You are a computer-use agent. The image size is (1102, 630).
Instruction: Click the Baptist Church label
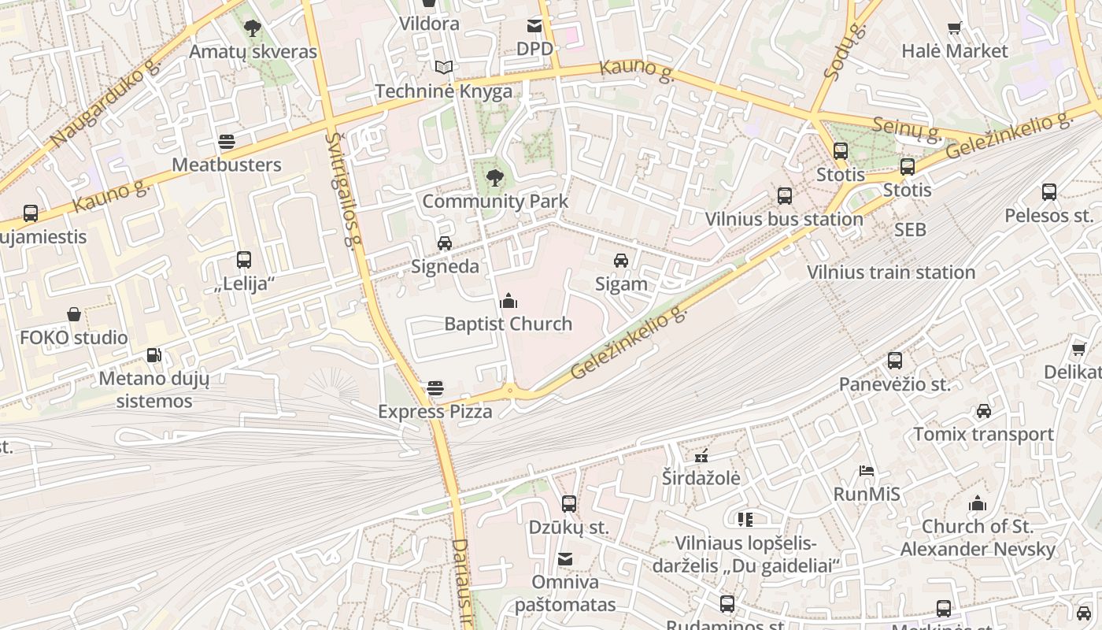click(508, 324)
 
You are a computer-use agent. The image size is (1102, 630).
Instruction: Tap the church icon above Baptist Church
click(508, 301)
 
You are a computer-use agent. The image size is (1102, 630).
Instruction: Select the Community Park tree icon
click(494, 177)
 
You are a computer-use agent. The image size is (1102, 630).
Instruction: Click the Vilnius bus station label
click(783, 219)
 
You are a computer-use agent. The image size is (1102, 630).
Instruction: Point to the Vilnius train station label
click(891, 272)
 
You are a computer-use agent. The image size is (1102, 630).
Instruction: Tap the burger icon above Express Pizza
click(435, 387)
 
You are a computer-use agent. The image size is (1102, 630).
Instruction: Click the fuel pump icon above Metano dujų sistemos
click(153, 355)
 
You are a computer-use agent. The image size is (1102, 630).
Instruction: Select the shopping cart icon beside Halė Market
click(954, 28)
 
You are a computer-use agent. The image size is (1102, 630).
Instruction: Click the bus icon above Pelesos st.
click(1048, 191)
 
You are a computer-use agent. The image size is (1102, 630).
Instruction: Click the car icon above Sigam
click(621, 261)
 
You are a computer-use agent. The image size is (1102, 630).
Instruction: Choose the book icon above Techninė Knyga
click(444, 68)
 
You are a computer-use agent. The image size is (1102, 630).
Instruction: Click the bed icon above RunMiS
click(866, 471)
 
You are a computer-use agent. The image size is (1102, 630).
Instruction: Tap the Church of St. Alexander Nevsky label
click(978, 537)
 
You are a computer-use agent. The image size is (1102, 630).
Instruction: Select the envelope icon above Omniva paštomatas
click(564, 559)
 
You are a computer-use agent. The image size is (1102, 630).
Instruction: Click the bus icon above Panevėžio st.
click(894, 361)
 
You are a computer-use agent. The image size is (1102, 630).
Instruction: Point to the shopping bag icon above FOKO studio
click(73, 314)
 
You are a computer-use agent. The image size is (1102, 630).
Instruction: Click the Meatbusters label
click(226, 165)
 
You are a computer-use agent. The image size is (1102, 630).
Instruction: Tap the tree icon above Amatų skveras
click(252, 28)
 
